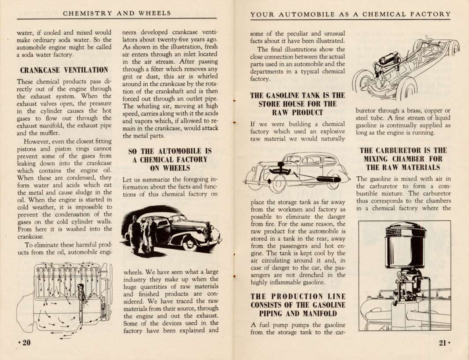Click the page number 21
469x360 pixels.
click(x=443, y=343)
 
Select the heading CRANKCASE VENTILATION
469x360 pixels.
click(x=64, y=70)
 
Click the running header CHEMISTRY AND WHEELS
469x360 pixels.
click(x=117, y=13)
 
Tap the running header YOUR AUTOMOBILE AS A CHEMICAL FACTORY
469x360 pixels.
click(x=350, y=14)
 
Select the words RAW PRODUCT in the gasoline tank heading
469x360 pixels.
click(x=297, y=113)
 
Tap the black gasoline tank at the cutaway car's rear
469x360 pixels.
click(x=328, y=179)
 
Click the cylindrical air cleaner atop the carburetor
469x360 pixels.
click(x=405, y=245)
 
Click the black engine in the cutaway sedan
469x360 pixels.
click(x=281, y=170)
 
